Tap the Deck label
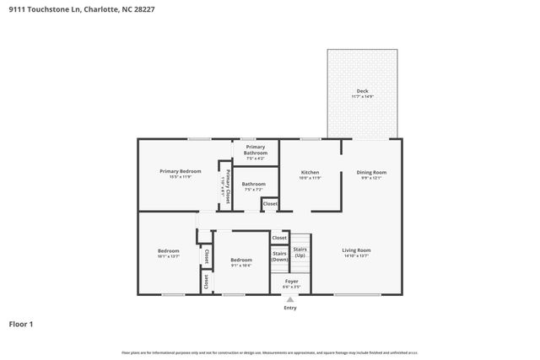click(362, 91)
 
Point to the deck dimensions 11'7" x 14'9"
click(362, 97)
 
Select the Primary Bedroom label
click(180, 171)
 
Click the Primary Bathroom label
click(256, 149)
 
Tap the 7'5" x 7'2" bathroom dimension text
click(254, 190)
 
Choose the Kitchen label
click(310, 171)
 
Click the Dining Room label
click(372, 171)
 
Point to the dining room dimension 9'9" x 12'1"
click(372, 178)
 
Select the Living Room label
click(356, 250)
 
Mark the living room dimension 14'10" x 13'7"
click(356, 255)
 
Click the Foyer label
click(291, 281)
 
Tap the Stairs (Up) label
click(300, 252)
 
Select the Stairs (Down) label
click(280, 255)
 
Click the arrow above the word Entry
click(290, 298)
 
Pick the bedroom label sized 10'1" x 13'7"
click(168, 250)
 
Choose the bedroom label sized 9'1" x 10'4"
click(241, 260)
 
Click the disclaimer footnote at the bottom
click(270, 352)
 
